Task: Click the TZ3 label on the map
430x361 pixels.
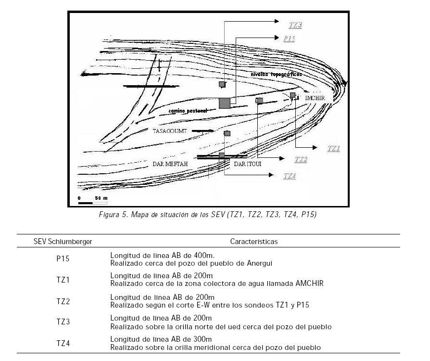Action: (x=295, y=25)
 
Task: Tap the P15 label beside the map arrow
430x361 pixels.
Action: (x=289, y=39)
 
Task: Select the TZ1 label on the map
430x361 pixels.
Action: (x=334, y=149)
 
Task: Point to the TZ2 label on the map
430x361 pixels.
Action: (x=301, y=160)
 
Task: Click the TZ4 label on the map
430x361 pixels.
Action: (x=290, y=176)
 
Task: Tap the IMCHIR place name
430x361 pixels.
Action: (x=315, y=98)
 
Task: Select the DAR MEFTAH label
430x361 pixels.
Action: (x=166, y=164)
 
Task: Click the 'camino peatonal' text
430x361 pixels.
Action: (x=188, y=111)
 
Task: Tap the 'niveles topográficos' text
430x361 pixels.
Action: (x=277, y=75)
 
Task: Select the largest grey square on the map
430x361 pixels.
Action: (x=224, y=103)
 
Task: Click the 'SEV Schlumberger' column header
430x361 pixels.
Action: (x=63, y=241)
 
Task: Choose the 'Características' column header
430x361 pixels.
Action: (x=253, y=241)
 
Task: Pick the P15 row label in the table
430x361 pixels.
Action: (x=63, y=259)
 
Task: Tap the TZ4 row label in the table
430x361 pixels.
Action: (x=63, y=343)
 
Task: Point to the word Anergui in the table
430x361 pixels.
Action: (x=259, y=263)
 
